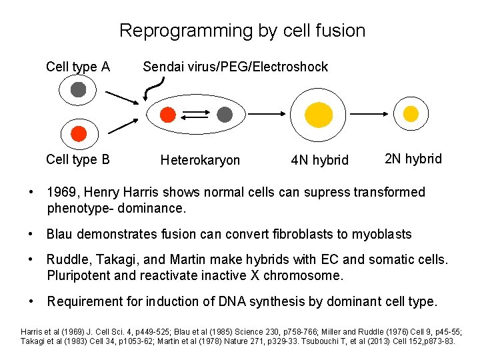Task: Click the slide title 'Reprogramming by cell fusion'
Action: point(242,31)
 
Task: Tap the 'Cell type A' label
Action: point(77,67)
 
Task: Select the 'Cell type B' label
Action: point(77,159)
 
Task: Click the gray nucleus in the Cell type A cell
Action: point(78,89)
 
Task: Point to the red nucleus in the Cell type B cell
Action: point(78,133)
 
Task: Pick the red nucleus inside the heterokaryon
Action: point(168,115)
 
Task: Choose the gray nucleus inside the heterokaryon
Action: point(225,115)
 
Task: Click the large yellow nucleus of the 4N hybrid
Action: point(318,115)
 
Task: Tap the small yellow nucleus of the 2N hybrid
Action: point(411,114)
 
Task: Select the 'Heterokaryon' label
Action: point(200,160)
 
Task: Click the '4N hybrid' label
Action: point(320,160)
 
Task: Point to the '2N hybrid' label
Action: point(413,159)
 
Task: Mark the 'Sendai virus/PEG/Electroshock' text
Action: point(235,67)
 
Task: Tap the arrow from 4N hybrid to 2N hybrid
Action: point(368,115)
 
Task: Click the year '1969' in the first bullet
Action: point(61,193)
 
